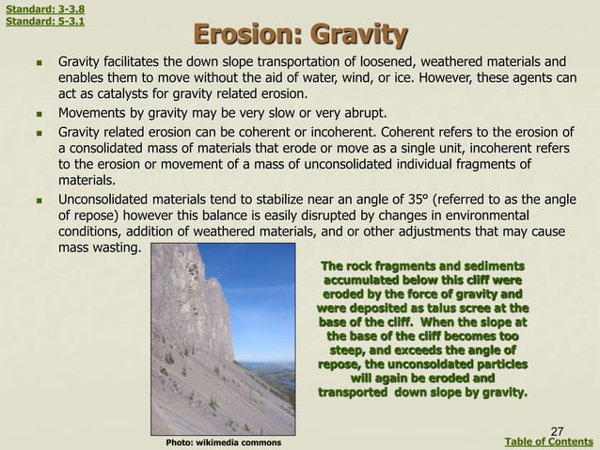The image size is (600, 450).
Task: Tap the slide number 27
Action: pos(557,429)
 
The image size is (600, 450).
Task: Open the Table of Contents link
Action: pos(549,442)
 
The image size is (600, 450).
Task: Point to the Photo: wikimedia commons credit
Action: pos(215,442)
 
